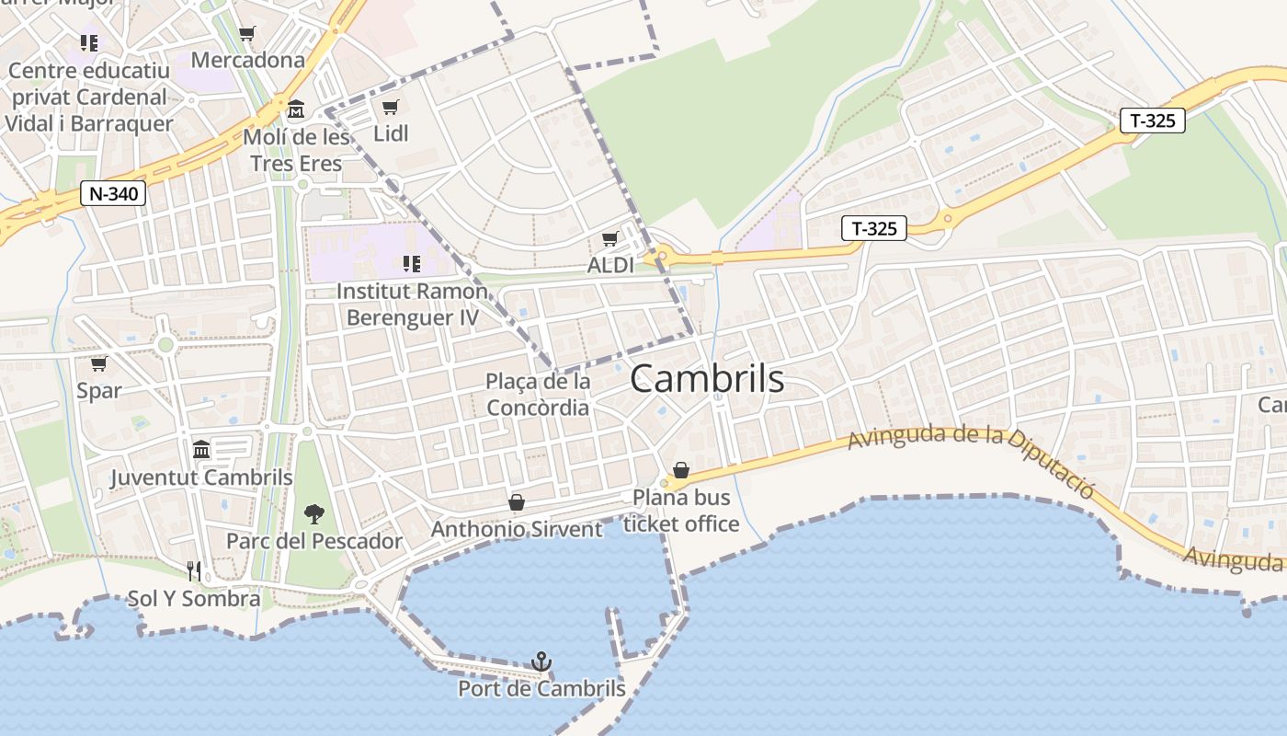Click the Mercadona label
tap(247, 60)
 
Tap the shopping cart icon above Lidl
tap(391, 108)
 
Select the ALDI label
tap(610, 265)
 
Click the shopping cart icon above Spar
tap(98, 364)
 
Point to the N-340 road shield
tap(113, 194)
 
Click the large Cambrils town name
tap(707, 379)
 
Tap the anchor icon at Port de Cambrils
tap(541, 661)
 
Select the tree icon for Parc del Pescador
tap(313, 513)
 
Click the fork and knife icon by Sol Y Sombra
tap(194, 571)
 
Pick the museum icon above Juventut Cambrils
tap(201, 450)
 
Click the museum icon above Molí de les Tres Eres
tap(296, 110)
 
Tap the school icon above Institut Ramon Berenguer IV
tap(411, 265)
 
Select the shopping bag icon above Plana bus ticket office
tap(681, 470)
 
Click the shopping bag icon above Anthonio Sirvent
tap(517, 502)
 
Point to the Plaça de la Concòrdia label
tap(538, 394)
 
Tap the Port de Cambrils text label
tap(541, 688)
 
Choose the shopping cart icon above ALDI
tap(609, 239)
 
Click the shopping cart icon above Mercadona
tap(246, 34)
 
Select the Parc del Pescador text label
tap(314, 540)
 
